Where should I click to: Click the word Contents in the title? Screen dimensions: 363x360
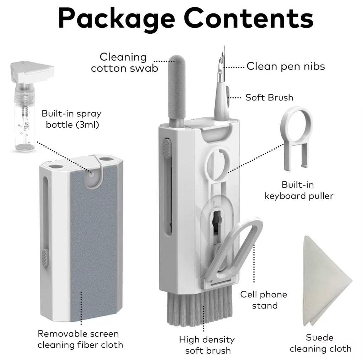click(x=248, y=18)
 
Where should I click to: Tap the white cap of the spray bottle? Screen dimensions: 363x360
click(x=32, y=71)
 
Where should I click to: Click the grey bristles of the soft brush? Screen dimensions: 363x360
click(x=199, y=309)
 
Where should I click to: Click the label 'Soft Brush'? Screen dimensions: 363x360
click(x=269, y=98)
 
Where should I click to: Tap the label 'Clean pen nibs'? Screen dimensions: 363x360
click(x=286, y=66)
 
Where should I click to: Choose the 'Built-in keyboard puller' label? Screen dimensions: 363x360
click(x=299, y=190)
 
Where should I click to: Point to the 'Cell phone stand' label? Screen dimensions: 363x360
click(x=264, y=300)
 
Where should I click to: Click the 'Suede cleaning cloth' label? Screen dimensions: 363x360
click(x=320, y=343)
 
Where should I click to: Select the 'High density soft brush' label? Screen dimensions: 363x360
click(x=207, y=345)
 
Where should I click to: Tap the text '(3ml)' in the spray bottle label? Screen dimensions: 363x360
click(x=88, y=124)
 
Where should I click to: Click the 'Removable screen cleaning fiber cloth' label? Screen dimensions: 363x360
click(x=80, y=339)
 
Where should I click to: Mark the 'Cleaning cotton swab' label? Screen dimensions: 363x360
click(x=124, y=62)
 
